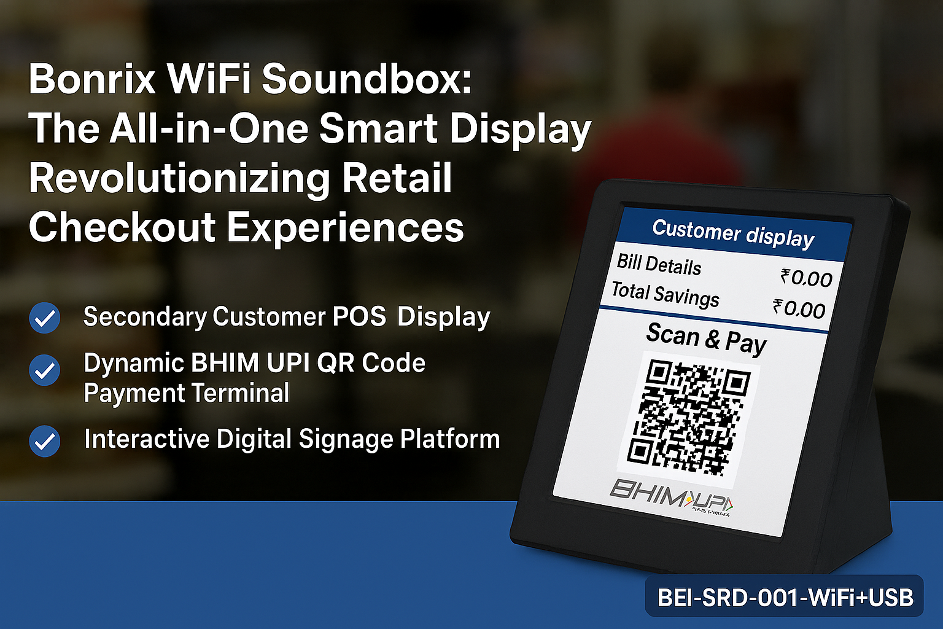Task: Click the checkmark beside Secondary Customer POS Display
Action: point(45,318)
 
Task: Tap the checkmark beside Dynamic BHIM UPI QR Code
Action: point(45,370)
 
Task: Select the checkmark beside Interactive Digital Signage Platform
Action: point(45,441)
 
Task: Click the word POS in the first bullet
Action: point(359,316)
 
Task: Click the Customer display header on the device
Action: point(733,233)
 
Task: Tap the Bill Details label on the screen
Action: point(659,265)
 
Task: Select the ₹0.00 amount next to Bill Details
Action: point(806,278)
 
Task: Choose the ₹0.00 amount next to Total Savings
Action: point(799,308)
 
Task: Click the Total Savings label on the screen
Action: point(665,294)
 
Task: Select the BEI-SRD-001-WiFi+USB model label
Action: point(785,597)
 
